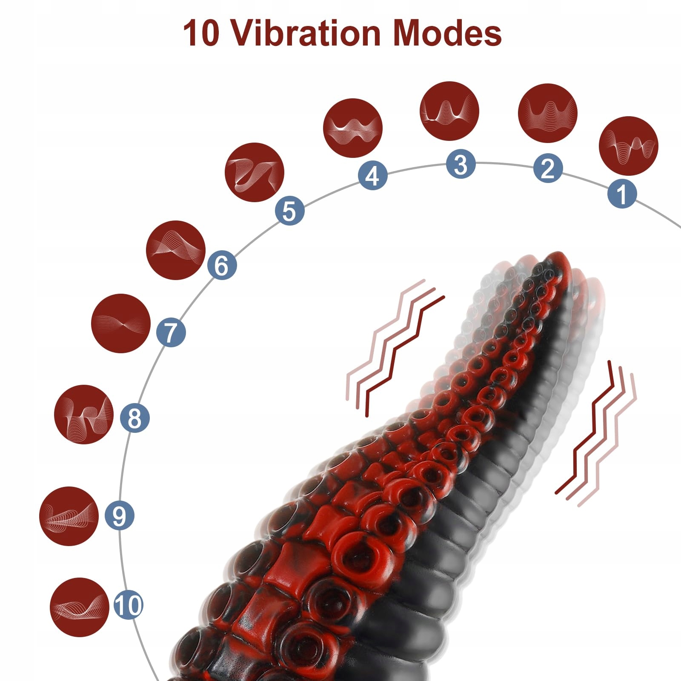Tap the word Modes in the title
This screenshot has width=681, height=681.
[447, 33]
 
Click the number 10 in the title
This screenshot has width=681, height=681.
[201, 33]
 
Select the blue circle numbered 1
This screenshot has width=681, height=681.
[622, 194]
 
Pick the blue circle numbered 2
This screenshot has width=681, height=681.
[548, 168]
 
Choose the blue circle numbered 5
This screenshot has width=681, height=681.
[289, 211]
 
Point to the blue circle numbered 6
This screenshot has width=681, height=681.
[222, 265]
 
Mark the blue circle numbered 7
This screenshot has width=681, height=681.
[171, 332]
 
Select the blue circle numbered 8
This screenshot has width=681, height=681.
[134, 418]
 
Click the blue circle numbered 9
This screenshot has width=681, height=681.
[119, 515]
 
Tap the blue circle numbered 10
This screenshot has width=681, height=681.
[128, 604]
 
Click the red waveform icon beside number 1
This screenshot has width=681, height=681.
[628, 146]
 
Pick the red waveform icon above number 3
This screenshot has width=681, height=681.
[449, 111]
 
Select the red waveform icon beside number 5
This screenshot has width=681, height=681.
[254, 172]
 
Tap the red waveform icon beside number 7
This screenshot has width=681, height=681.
[121, 323]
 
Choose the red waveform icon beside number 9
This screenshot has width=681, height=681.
[69, 516]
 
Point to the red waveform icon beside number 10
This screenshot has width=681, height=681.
[79, 607]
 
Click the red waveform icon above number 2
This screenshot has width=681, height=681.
[548, 113]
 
